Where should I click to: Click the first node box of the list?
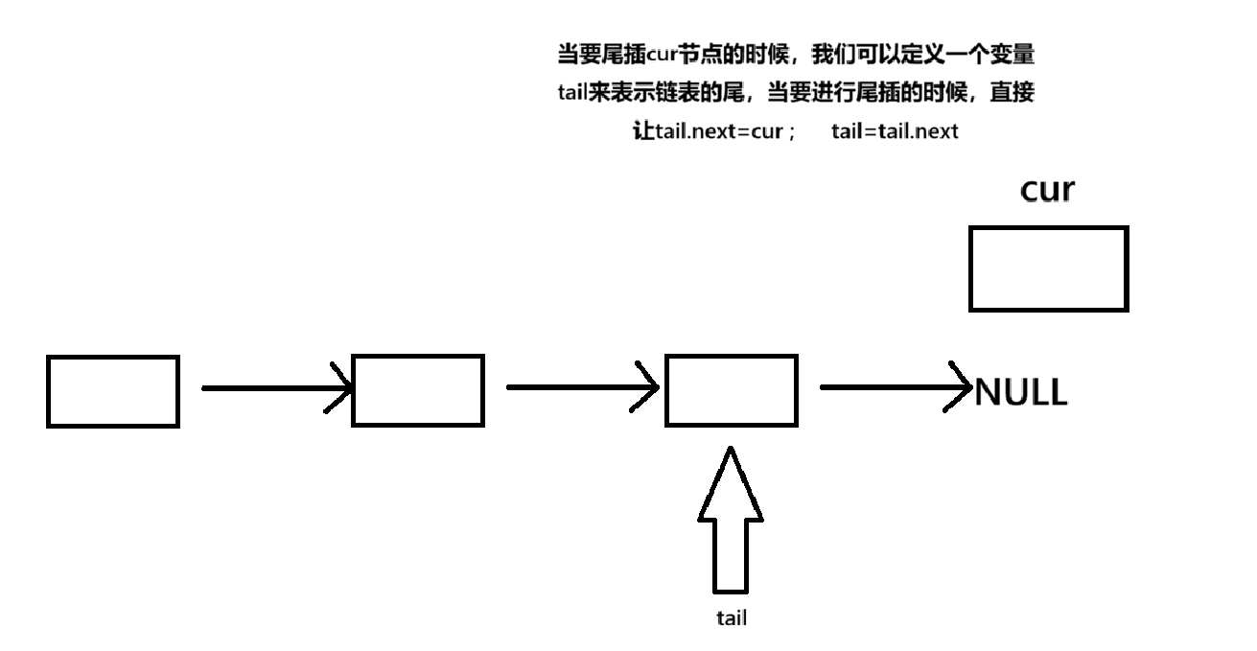point(113,391)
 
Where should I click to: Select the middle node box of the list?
point(418,390)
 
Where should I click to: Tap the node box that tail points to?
point(731,390)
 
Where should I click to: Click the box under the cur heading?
point(1048,268)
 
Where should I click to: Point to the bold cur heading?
point(1047,190)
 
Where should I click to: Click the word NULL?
point(1020,392)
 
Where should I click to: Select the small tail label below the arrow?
point(732,618)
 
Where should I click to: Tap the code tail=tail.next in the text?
point(895,132)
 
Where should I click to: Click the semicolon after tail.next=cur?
point(792,133)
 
